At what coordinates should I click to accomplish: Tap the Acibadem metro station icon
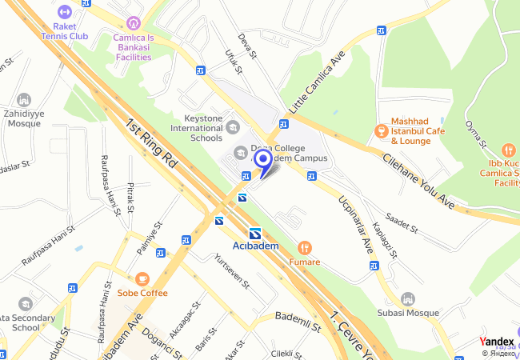tap(255, 233)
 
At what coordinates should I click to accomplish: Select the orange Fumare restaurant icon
tap(304, 248)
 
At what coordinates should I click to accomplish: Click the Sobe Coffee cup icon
tap(142, 278)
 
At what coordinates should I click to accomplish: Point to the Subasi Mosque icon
tap(408, 298)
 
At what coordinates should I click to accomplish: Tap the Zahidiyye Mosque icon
tap(23, 100)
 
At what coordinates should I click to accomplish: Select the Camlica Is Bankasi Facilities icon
tap(133, 22)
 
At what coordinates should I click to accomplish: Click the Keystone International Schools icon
tap(233, 126)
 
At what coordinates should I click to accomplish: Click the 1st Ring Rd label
tap(151, 143)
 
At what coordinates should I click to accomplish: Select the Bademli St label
tap(298, 321)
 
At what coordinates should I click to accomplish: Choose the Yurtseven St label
tap(233, 272)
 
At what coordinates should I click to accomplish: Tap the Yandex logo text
tap(497, 342)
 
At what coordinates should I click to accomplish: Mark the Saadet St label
tap(402, 222)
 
